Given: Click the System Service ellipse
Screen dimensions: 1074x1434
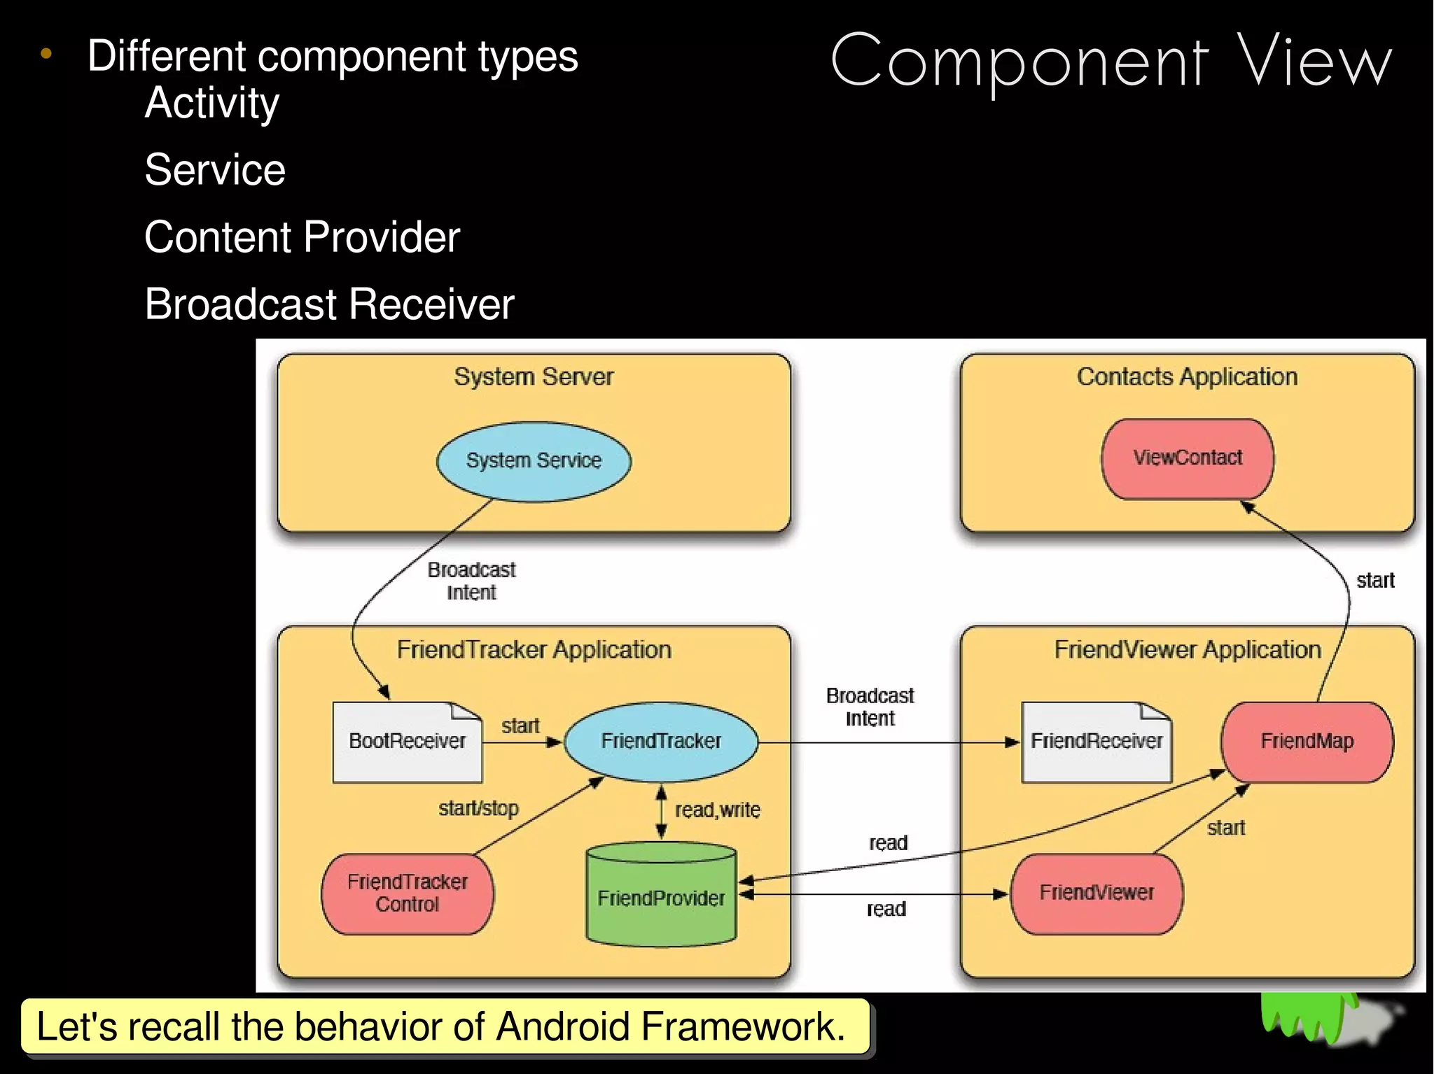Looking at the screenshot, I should tap(534, 461).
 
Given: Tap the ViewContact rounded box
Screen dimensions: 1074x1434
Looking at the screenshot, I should tap(1188, 458).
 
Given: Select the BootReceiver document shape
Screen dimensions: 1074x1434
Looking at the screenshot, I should tap(407, 742).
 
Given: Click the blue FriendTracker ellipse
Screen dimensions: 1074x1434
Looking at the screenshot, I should tap(660, 741).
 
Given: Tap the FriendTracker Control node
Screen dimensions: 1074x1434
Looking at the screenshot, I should tap(407, 893).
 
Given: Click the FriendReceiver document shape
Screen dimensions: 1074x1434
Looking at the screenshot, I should tap(1096, 742).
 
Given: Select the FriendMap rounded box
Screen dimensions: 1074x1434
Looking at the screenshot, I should tap(1307, 742).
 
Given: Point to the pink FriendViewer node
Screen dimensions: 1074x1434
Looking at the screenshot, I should tap(1097, 893).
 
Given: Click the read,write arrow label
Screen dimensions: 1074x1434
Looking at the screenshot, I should tap(717, 810).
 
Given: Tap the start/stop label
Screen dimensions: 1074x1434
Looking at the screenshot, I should tap(478, 809).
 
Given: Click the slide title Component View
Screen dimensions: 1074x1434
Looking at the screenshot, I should tap(1111, 62).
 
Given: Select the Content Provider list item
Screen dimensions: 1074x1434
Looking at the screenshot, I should tap(302, 236).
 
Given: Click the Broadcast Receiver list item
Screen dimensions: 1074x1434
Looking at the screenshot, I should tap(329, 304).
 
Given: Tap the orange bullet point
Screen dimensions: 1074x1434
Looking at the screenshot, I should tap(46, 54).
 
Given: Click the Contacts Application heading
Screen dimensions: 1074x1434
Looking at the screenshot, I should tap(1187, 377).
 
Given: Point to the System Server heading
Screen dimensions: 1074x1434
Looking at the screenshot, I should tap(534, 377).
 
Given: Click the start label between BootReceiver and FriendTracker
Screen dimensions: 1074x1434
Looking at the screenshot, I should tap(520, 726).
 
